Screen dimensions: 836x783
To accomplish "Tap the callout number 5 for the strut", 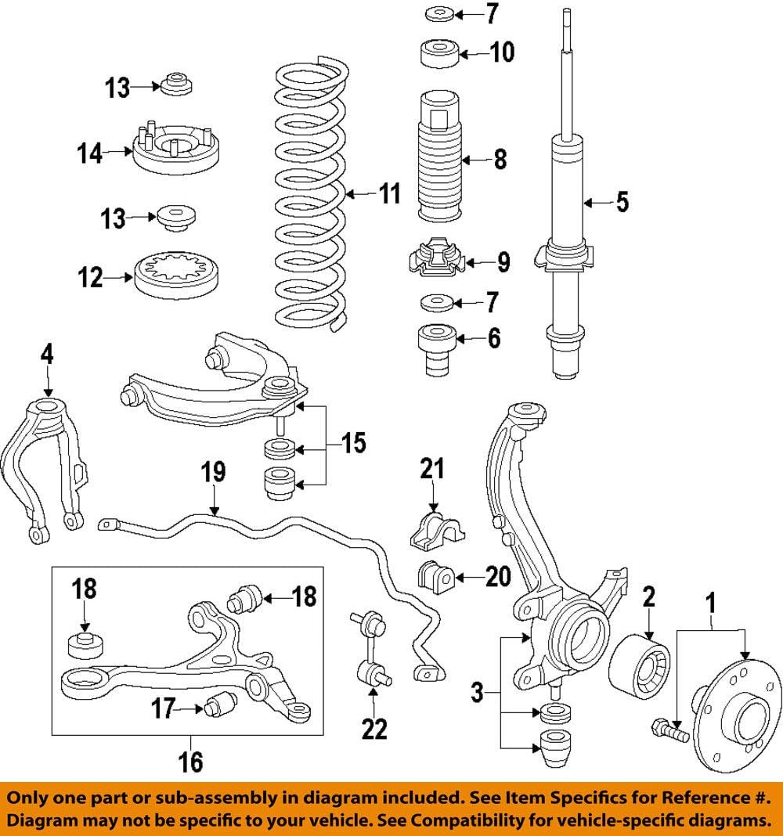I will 622,202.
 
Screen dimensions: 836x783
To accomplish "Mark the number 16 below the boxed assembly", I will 190,761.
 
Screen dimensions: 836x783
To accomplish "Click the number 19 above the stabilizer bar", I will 212,472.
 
